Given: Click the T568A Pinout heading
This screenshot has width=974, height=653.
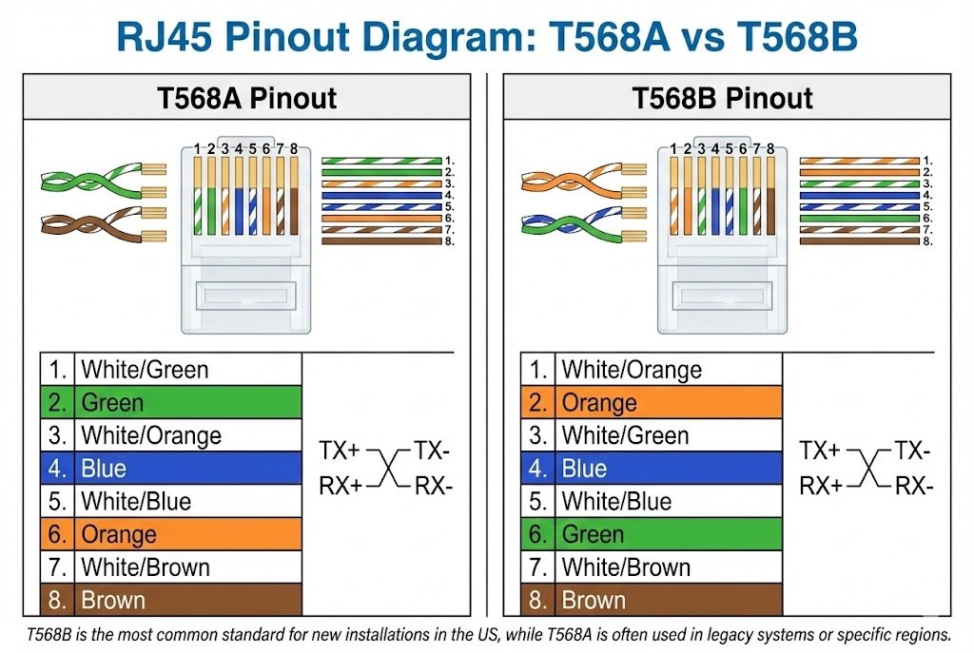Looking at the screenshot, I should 246,98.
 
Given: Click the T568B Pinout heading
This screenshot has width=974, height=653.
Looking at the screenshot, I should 723,98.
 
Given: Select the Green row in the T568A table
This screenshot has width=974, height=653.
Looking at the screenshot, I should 171,402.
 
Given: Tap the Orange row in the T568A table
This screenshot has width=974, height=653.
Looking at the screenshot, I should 171,534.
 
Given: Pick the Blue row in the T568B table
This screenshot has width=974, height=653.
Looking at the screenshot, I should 652,469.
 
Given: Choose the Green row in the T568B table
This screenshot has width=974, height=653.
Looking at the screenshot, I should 652,534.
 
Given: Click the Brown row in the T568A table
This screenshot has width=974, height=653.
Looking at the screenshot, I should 171,601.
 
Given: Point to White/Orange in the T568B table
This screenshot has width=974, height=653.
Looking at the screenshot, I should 632,370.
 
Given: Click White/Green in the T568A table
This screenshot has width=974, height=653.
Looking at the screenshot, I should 145,370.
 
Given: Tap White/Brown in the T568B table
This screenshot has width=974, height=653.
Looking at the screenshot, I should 626,567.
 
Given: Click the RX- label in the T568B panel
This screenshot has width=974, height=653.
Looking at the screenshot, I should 913,487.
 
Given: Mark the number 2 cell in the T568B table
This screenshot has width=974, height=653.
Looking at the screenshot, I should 538,403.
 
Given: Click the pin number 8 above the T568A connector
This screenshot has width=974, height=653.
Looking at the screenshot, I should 294,148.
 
